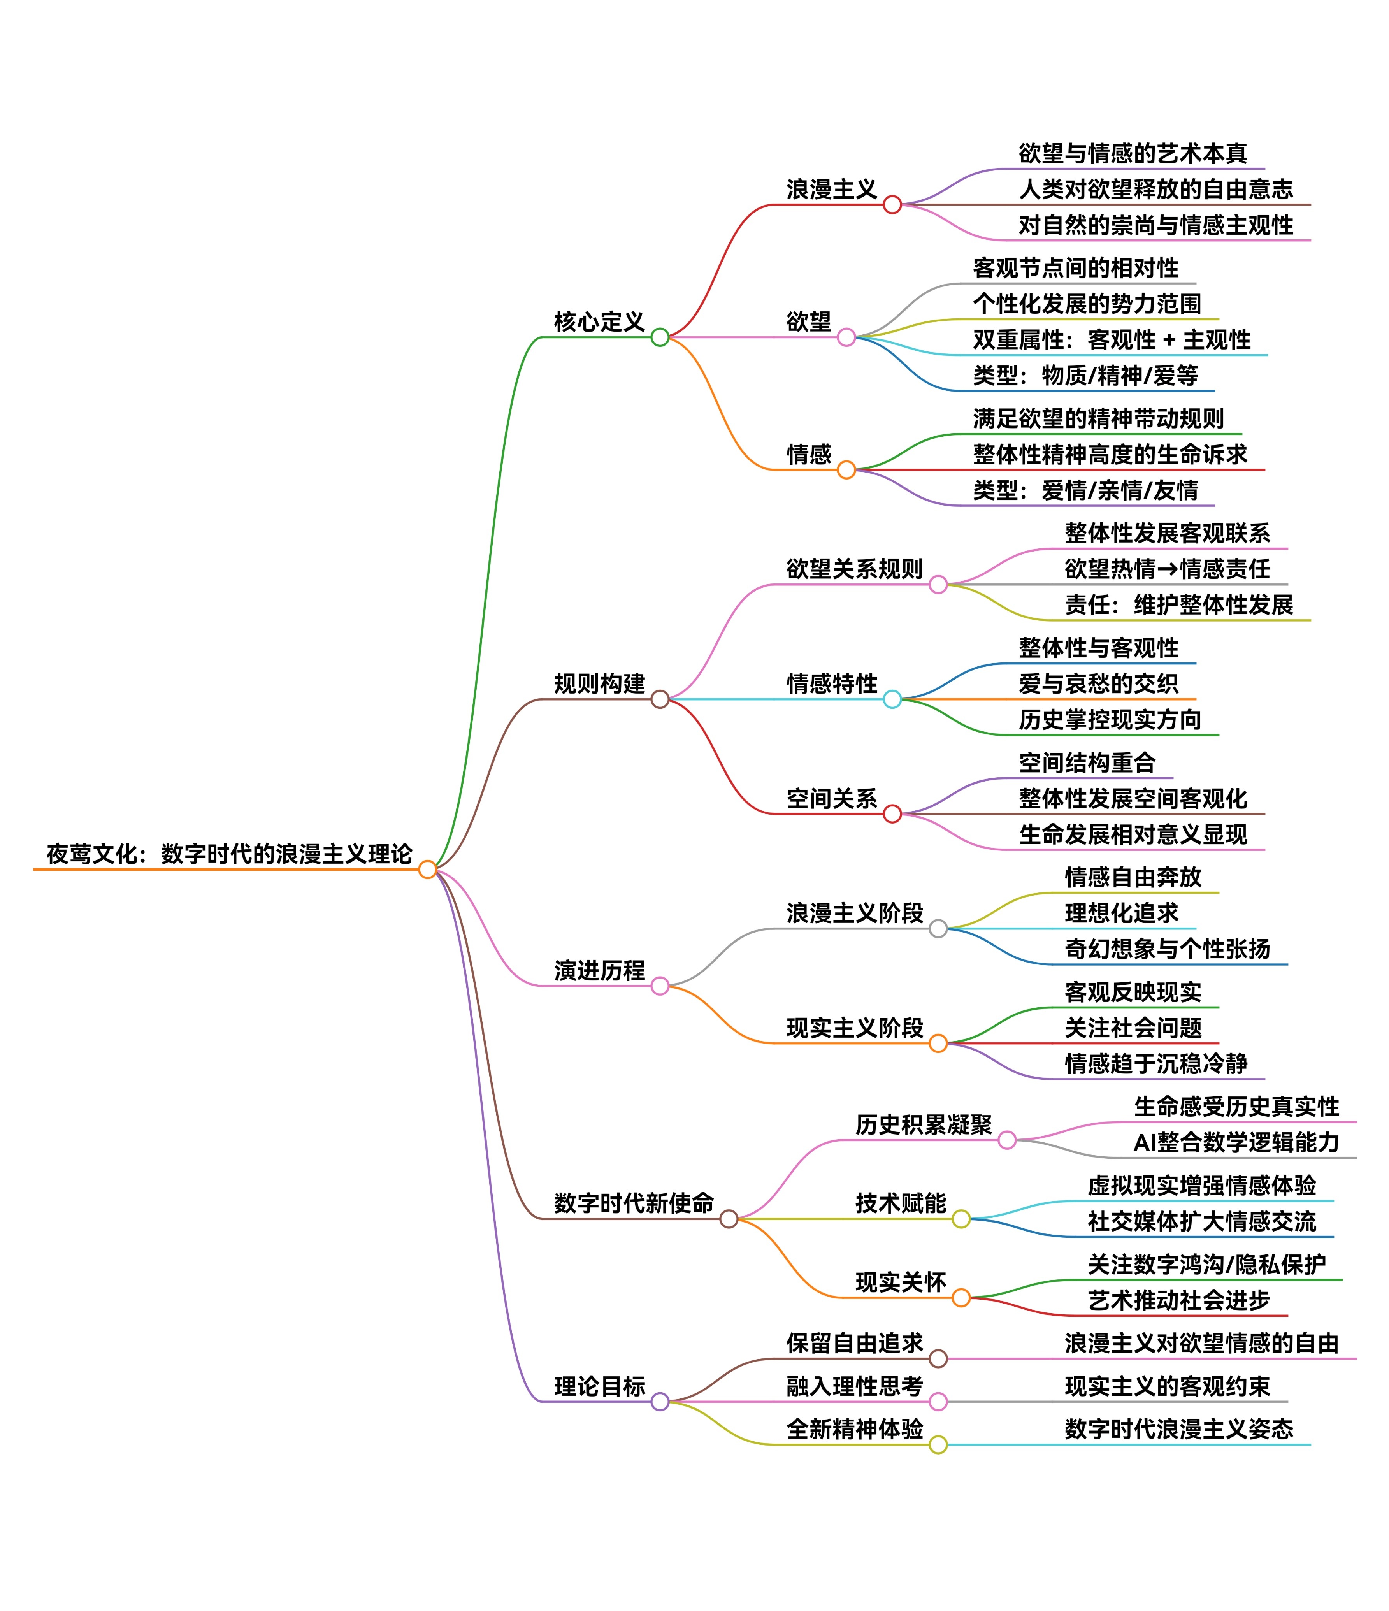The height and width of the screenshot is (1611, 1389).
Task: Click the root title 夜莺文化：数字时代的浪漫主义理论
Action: click(229, 854)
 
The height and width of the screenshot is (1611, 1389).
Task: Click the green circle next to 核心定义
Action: click(660, 337)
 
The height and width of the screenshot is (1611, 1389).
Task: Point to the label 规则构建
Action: click(599, 683)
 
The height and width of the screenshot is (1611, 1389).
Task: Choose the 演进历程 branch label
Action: click(599, 970)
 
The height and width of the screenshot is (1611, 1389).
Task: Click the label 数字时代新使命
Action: click(634, 1203)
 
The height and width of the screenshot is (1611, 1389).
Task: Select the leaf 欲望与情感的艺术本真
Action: click(1133, 153)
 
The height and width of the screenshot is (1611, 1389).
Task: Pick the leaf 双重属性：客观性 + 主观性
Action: click(1112, 340)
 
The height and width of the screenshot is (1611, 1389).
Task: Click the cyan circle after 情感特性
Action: click(892, 699)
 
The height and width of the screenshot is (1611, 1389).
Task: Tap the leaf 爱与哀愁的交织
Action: click(1098, 683)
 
